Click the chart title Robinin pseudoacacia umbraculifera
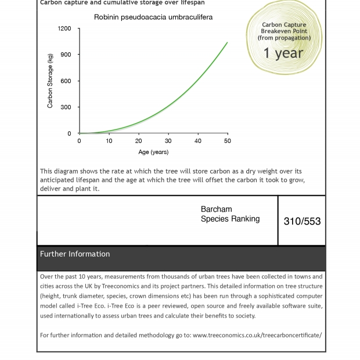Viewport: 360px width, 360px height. click(153, 17)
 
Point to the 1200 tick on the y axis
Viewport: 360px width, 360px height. click(64, 28)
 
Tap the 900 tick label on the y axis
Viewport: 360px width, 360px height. click(66, 55)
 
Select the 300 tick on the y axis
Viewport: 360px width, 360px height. click(66, 107)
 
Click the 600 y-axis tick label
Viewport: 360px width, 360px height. click(66, 81)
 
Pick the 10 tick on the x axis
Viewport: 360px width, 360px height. click(109, 141)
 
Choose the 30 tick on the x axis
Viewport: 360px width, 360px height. click(168, 141)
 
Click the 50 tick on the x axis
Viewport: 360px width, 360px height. click(228, 141)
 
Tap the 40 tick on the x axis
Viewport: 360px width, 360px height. click(198, 141)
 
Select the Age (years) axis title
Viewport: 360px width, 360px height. click(153, 152)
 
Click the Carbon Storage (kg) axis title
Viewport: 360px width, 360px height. click(50, 81)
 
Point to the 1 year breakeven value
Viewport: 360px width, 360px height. click(283, 53)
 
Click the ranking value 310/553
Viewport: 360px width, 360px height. click(302, 221)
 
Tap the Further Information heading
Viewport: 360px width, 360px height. click(75, 254)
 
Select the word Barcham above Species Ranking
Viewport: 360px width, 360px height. click(216, 210)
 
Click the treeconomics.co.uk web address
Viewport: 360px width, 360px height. click(257, 335)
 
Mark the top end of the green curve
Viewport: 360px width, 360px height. click(227, 42)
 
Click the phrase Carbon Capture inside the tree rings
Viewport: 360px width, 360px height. click(284, 25)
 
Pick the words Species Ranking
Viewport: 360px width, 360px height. click(230, 219)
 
